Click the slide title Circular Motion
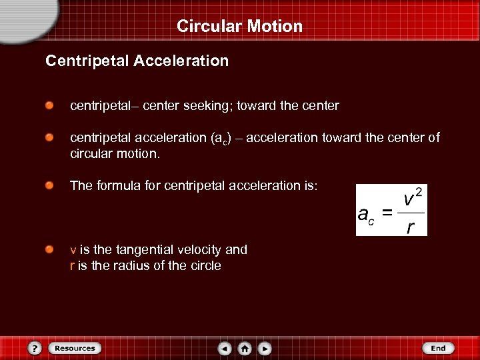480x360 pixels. tap(240, 27)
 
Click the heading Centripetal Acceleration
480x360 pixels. tap(137, 61)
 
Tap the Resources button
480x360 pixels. tap(74, 348)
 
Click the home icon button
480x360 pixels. tap(245, 348)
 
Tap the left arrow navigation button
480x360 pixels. tap(225, 348)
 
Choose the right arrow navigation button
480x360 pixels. tap(265, 348)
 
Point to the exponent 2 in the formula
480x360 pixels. tap(419, 193)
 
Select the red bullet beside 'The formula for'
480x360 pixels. tap(50, 186)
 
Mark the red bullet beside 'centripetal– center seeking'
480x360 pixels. tap(50, 106)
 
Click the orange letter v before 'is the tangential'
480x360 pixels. tap(73, 251)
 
